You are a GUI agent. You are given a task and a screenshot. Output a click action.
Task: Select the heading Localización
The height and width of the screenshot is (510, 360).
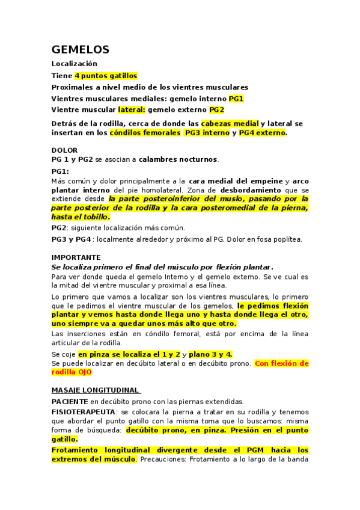point(74,64)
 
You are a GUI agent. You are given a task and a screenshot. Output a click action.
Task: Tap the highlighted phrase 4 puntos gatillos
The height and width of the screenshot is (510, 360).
point(106,76)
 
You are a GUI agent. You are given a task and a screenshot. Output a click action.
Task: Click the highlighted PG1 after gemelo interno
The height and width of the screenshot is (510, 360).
point(236,99)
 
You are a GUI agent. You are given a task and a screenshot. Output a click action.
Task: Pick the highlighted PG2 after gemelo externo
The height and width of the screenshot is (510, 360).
point(216,110)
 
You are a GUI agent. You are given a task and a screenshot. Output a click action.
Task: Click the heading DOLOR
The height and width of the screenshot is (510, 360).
point(64,150)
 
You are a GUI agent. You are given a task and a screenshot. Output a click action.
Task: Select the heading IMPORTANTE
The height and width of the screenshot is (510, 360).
point(76,257)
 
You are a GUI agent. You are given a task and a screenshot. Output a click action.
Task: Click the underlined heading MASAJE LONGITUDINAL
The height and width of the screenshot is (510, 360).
point(96,390)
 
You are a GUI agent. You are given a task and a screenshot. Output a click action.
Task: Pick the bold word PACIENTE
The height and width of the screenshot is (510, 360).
point(70,401)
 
